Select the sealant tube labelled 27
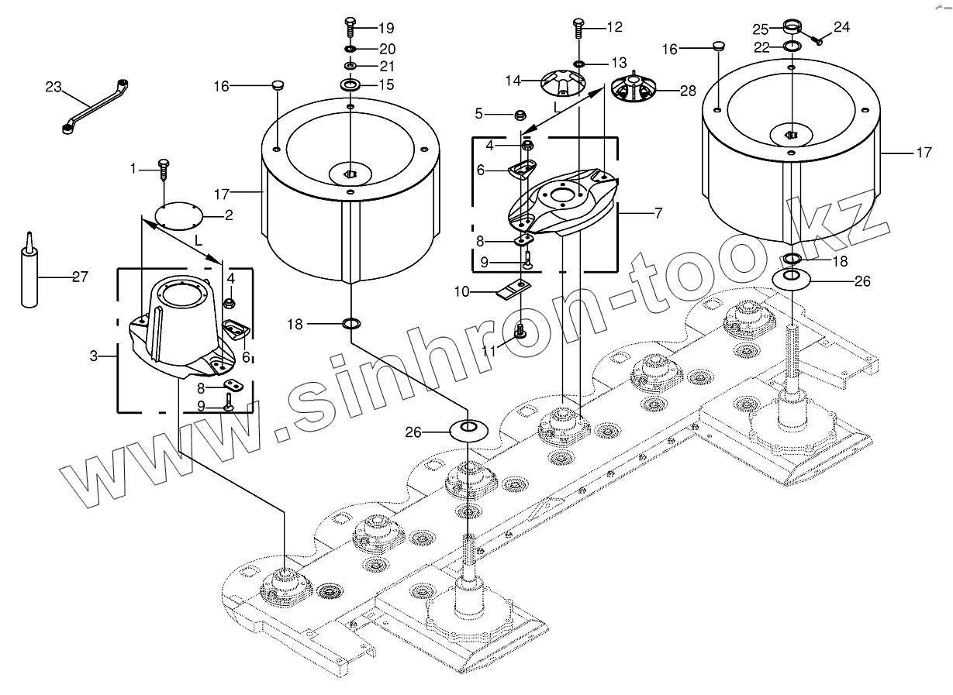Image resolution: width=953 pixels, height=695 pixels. (x=30, y=275)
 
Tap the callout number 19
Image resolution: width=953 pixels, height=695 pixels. (x=386, y=29)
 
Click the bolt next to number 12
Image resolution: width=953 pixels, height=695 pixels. (x=578, y=28)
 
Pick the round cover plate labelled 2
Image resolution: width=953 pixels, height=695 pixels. (x=178, y=216)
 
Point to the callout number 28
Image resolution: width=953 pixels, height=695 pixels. (x=688, y=91)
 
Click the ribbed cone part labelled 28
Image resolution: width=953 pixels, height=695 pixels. (x=635, y=91)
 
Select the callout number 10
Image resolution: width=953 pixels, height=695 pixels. (x=461, y=291)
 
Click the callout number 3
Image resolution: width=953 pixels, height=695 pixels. (x=94, y=356)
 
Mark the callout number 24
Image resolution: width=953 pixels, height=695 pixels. (x=841, y=27)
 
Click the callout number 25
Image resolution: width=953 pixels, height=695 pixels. (x=761, y=29)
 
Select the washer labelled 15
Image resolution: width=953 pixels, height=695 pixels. (x=349, y=84)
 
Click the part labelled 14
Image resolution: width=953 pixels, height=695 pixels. (x=564, y=80)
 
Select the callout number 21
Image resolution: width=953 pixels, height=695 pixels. (x=386, y=65)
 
